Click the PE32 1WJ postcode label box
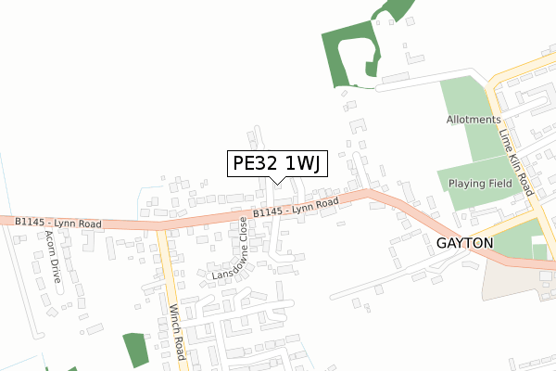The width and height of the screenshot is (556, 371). click(x=276, y=164)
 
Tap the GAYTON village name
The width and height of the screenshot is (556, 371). click(x=465, y=242)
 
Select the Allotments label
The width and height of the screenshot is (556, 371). click(x=474, y=120)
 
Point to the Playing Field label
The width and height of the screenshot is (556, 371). click(x=481, y=184)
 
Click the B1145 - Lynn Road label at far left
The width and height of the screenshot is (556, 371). click(x=57, y=224)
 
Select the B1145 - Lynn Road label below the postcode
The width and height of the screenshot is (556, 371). click(x=297, y=209)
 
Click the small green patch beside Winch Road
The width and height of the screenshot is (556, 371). click(x=135, y=350)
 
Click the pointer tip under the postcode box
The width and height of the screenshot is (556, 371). click(x=277, y=182)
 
